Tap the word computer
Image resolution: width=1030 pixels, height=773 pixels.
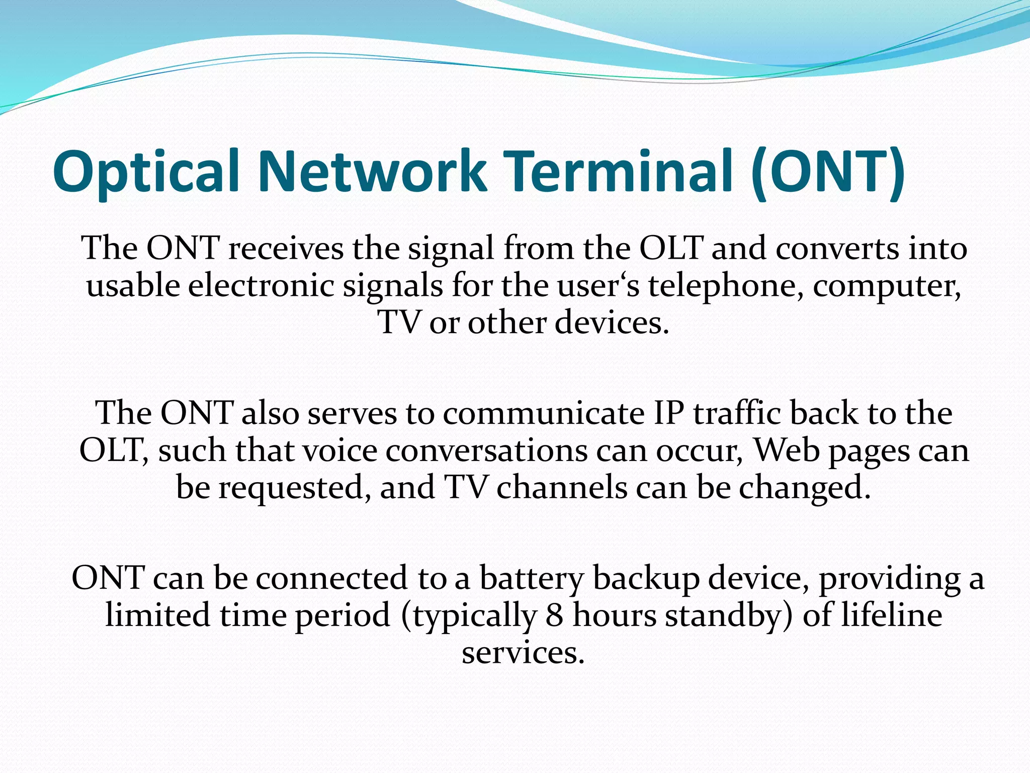887,285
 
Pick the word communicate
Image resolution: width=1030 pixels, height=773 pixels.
543,413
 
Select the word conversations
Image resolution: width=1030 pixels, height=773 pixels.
486,450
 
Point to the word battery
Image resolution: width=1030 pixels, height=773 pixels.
531,578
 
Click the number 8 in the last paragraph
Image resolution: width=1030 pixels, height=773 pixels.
554,615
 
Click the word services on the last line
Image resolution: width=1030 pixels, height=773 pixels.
523,653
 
